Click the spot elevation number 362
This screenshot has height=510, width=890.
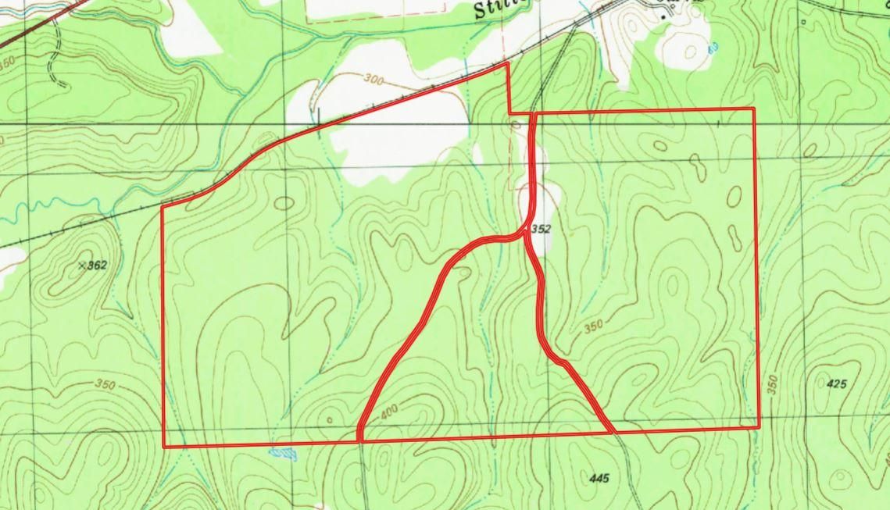(97, 266)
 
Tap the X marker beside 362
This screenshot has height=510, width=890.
(82, 266)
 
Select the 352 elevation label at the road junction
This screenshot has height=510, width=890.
(542, 230)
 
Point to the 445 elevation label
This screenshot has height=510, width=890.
(600, 478)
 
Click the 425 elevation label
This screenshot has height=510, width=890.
(837, 383)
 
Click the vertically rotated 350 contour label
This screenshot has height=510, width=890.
(773, 385)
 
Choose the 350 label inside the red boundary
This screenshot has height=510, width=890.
(595, 327)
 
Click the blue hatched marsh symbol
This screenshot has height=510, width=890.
(284, 453)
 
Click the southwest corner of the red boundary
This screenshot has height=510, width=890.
(163, 447)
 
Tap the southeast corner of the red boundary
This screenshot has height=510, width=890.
(759, 426)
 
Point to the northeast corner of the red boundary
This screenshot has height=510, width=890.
(753, 109)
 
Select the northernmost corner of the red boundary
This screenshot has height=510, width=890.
(508, 62)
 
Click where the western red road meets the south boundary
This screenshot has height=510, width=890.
(359, 440)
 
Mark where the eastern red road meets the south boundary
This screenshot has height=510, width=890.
(613, 431)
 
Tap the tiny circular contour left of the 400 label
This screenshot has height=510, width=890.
(330, 420)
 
